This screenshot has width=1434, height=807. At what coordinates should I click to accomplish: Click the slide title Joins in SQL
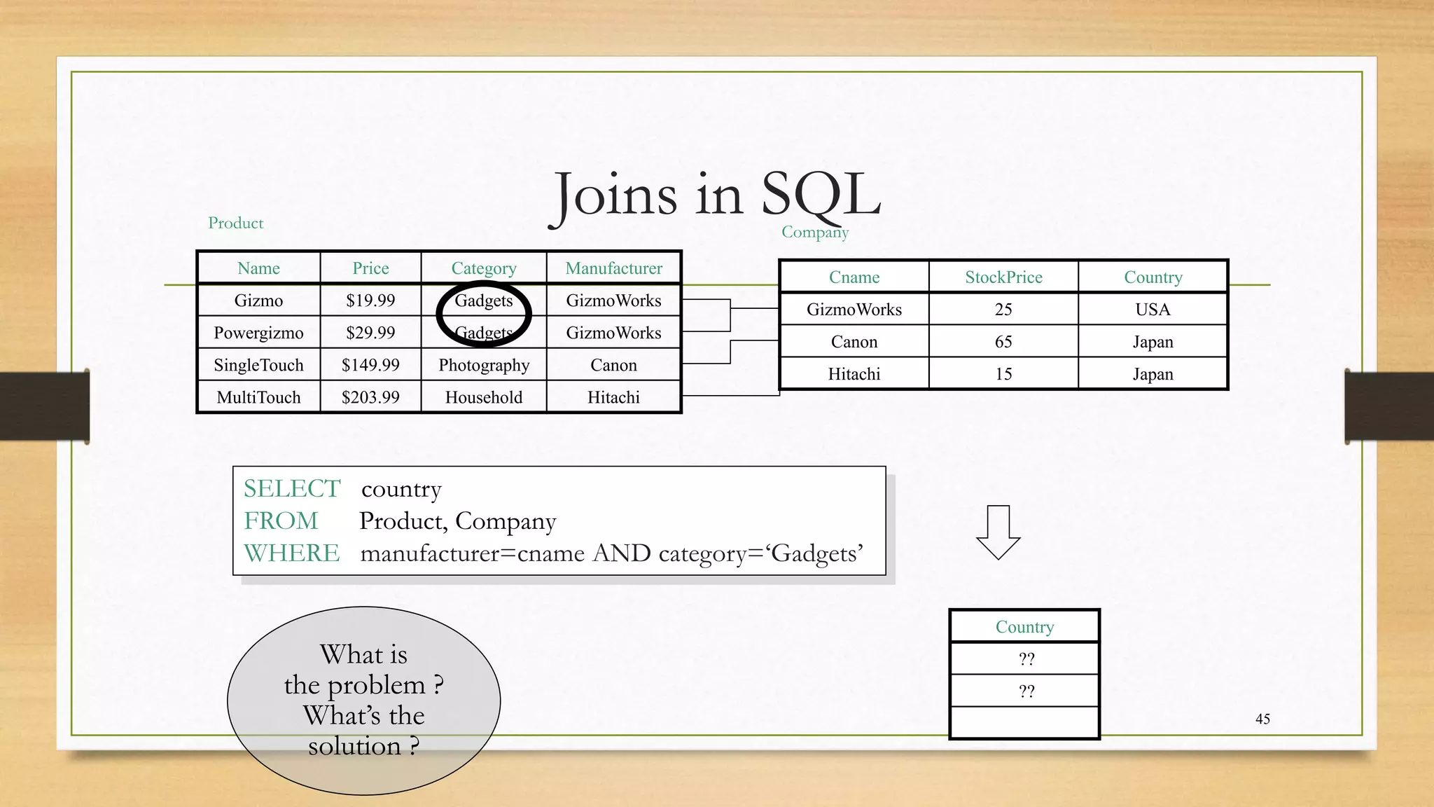click(716, 195)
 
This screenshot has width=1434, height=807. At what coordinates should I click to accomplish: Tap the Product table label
click(235, 223)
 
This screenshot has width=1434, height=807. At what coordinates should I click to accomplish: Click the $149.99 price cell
click(370, 365)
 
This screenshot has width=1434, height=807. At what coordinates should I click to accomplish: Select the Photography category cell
click(484, 365)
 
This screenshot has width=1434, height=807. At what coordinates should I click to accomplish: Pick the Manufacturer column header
click(613, 268)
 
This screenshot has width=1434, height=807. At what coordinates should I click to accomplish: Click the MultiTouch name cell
click(258, 397)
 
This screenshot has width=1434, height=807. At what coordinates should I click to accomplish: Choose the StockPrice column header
click(1003, 277)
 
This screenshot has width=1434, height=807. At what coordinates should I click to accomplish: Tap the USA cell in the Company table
click(1153, 310)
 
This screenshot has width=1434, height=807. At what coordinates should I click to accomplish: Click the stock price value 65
click(1003, 342)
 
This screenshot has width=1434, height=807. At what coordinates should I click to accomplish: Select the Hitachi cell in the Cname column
click(854, 374)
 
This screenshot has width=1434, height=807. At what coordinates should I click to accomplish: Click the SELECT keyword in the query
click(292, 488)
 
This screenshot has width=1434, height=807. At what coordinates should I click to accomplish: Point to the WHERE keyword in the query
click(292, 553)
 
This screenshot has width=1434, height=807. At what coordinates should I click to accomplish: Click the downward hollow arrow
click(998, 532)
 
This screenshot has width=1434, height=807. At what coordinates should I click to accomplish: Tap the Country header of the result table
click(1024, 627)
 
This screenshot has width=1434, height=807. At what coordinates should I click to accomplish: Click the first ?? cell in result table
click(1026, 659)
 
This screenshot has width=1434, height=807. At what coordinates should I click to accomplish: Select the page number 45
click(1262, 719)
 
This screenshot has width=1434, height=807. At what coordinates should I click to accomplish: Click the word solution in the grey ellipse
click(354, 746)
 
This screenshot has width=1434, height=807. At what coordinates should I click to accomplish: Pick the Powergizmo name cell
click(258, 333)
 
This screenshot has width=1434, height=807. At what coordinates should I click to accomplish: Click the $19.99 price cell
click(370, 301)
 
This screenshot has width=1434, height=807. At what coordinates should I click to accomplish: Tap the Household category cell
click(484, 397)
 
